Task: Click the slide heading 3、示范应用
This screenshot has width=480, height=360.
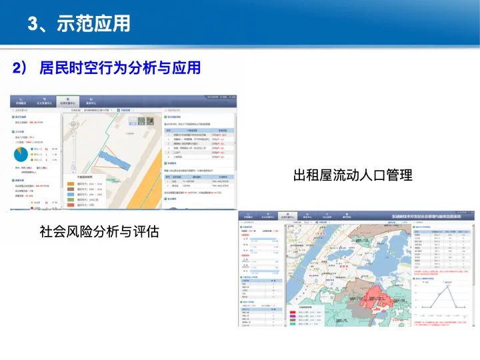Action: [79, 25]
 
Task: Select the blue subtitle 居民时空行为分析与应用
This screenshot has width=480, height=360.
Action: [120, 68]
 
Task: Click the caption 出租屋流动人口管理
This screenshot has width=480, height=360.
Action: [353, 175]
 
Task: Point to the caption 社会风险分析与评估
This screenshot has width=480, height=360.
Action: [99, 232]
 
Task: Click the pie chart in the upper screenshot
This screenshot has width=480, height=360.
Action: [21, 154]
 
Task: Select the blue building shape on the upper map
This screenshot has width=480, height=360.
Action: [107, 160]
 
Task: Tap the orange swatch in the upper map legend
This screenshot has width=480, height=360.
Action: [70, 183]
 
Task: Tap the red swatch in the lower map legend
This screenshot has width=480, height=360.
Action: [293, 313]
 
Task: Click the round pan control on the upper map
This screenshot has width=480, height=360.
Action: [69, 122]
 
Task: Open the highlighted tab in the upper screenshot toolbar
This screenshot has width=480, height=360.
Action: [67, 101]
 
